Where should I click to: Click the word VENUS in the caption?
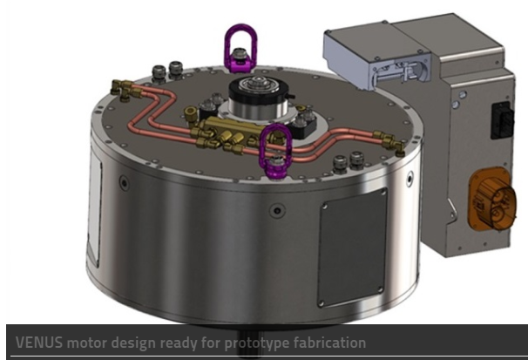tap(39, 343)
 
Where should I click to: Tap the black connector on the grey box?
tap(502, 120)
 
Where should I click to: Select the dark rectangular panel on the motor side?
tap(352, 248)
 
